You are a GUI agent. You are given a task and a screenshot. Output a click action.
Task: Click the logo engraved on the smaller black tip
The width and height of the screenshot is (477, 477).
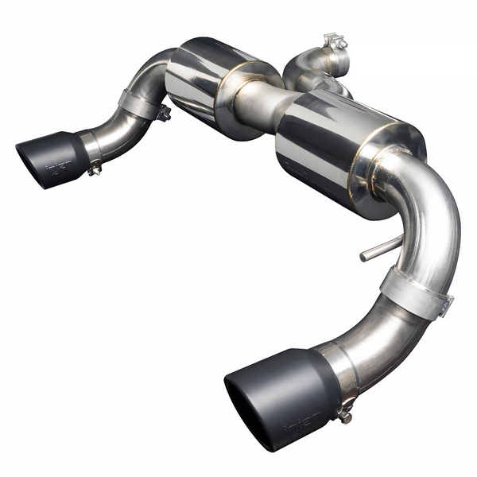tap(58, 167)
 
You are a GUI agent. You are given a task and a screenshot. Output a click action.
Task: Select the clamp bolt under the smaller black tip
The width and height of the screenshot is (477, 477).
tap(95, 168)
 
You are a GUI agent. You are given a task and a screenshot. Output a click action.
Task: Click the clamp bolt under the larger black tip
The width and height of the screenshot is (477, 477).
tap(344, 413)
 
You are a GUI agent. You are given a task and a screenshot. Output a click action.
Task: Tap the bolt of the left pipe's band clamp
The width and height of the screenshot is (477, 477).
tap(164, 114)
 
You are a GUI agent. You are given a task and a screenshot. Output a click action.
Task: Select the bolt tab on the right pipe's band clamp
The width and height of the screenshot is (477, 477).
tap(445, 304)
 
